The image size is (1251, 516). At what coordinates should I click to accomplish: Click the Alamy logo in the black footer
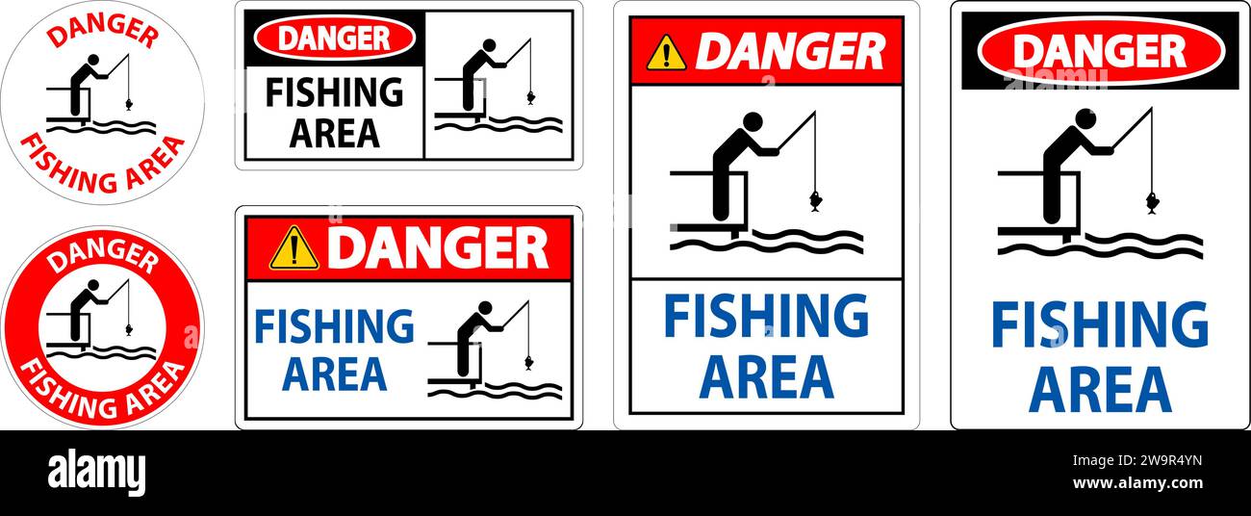click(96, 474)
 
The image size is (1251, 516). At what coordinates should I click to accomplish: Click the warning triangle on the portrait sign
click(666, 53)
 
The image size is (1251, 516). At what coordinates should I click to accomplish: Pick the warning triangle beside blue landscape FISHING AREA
click(294, 248)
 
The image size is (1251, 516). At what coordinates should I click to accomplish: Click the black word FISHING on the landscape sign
click(334, 92)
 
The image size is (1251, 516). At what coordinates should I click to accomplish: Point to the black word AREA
click(334, 132)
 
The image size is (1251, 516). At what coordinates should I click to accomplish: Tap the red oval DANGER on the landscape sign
click(334, 39)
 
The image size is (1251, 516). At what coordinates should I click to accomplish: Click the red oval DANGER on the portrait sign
click(1100, 51)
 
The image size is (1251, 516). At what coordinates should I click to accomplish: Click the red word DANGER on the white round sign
click(102, 33)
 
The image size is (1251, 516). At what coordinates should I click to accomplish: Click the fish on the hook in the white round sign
click(128, 100)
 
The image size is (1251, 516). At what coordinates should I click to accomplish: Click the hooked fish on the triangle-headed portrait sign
click(815, 201)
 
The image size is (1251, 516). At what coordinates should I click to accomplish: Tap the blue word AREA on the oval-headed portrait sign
click(1100, 389)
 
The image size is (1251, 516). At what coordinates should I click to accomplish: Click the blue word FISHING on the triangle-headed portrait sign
click(766, 317)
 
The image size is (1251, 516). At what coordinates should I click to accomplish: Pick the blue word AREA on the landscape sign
click(334, 373)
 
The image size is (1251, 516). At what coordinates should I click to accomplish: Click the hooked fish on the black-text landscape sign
click(530, 96)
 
